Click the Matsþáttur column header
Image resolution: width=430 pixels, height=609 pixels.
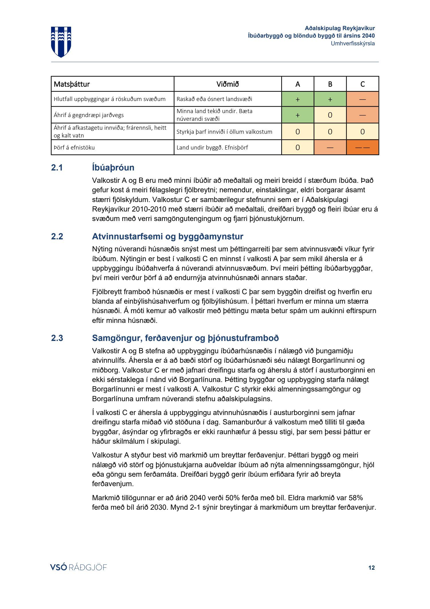click(72, 84)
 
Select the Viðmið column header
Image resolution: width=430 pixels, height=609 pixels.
click(227, 84)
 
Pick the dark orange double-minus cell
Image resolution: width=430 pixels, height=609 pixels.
click(362, 148)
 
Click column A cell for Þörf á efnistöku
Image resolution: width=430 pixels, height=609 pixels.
click(298, 148)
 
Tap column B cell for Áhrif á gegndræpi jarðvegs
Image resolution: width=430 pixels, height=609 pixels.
click(330, 115)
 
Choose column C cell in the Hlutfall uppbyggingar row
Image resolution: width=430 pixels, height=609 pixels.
click(362, 99)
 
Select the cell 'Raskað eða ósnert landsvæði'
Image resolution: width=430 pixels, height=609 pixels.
click(214, 99)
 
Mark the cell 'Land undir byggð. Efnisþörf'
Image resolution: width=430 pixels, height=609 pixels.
click(212, 148)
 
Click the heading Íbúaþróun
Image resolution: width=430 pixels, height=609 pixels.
click(113, 168)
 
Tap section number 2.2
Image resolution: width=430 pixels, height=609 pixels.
click(57, 236)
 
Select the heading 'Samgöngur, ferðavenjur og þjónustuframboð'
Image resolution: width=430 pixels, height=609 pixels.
click(185, 338)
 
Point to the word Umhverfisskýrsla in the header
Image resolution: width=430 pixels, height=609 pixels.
click(353, 44)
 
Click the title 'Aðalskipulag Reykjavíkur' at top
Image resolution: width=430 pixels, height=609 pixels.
click(340, 28)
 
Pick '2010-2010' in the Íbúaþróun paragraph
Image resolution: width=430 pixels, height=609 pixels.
click(149, 209)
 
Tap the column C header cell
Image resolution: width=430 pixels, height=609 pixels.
click(362, 84)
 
